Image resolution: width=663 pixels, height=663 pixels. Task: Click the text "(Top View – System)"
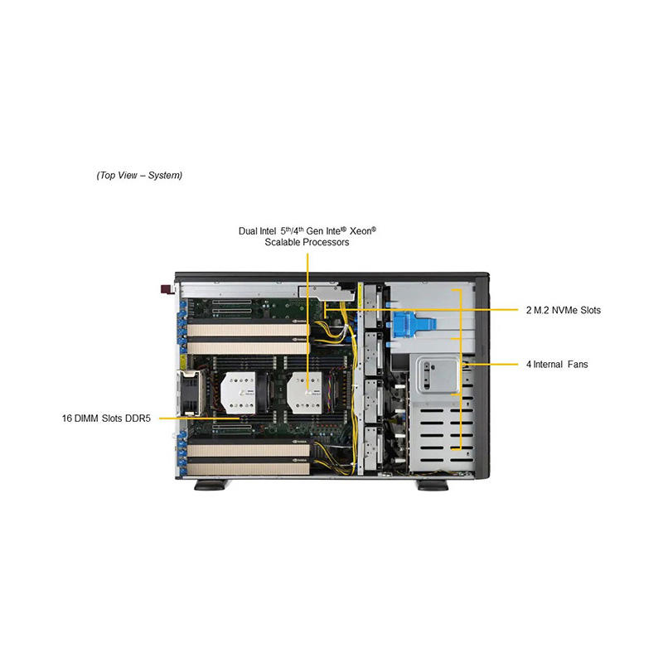click(139, 176)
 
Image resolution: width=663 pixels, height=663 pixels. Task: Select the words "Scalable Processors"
click(307, 243)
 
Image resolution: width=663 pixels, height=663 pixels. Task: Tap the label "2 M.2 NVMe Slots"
click(563, 311)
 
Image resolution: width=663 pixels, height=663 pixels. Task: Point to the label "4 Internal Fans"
click(556, 364)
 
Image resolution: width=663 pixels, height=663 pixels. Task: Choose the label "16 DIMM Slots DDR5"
click(109, 418)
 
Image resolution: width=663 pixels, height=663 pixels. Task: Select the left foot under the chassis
click(211, 485)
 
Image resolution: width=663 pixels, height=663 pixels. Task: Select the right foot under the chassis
click(433, 485)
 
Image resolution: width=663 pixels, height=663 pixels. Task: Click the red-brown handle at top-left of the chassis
click(165, 289)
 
